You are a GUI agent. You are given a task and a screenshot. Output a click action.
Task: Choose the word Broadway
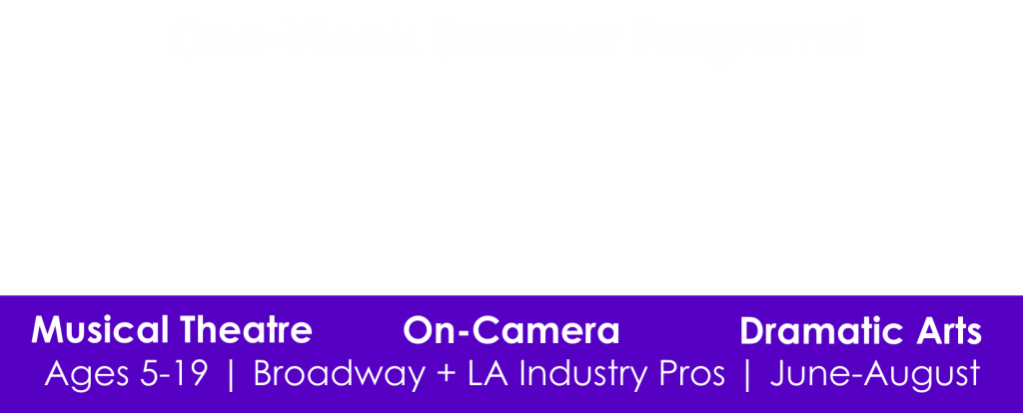tap(340, 374)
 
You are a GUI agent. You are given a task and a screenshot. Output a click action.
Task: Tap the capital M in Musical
tap(46, 330)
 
